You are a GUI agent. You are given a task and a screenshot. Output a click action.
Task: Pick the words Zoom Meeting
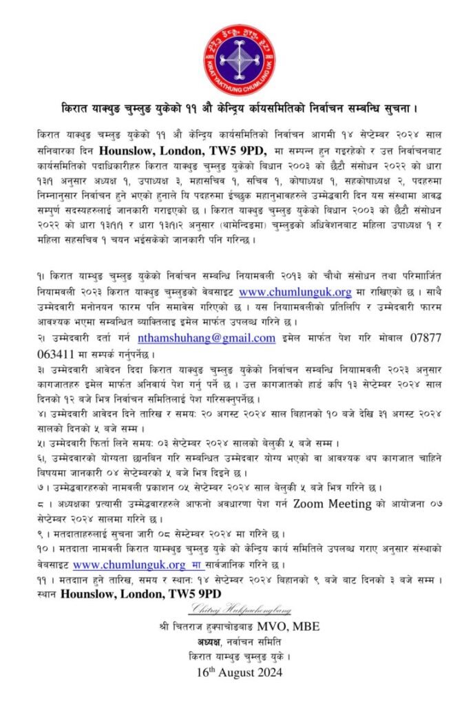click(x=324, y=503)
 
